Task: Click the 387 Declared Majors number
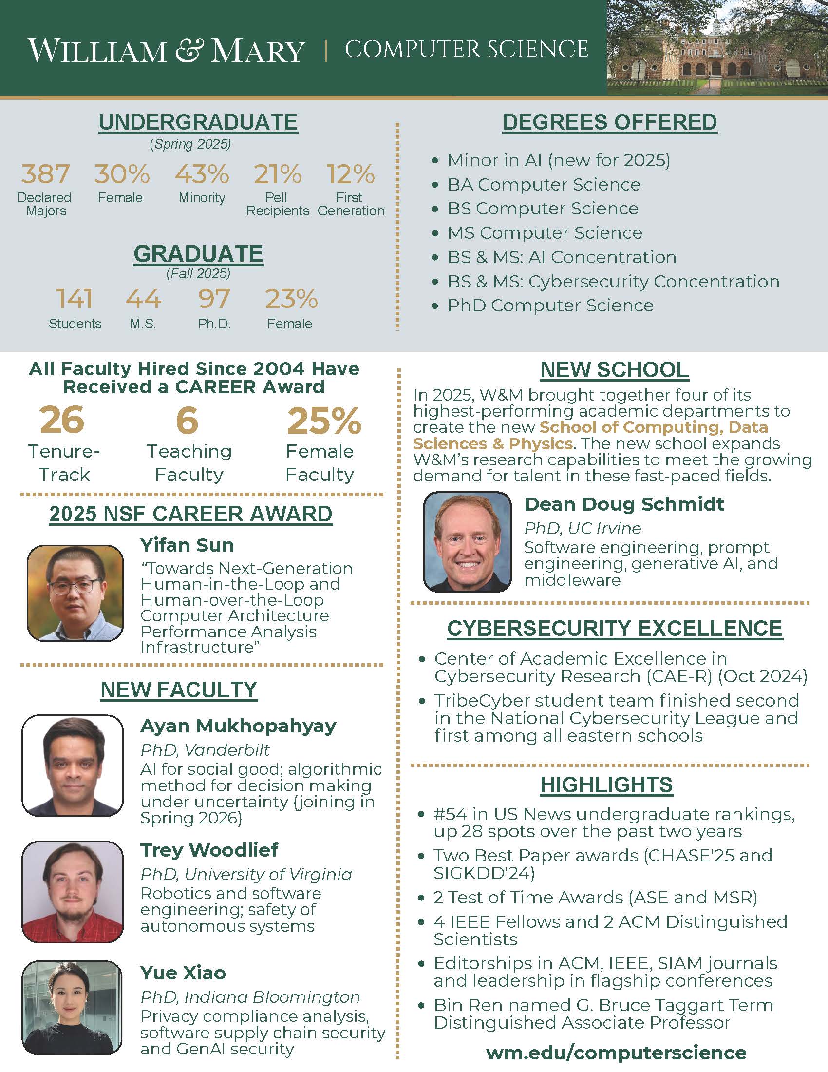click(x=45, y=174)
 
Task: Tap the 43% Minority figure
click(x=202, y=174)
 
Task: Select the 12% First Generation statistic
click(x=350, y=174)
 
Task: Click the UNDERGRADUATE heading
click(x=198, y=122)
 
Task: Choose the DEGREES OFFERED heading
click(x=610, y=122)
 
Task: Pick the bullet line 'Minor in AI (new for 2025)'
click(x=558, y=160)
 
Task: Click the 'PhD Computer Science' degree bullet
click(x=550, y=306)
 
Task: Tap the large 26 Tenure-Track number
click(x=62, y=420)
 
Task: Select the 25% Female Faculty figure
click(x=324, y=421)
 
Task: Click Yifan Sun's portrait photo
click(x=75, y=593)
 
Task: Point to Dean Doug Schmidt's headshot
click(x=468, y=541)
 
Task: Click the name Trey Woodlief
click(x=209, y=850)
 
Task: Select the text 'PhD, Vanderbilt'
click(x=205, y=750)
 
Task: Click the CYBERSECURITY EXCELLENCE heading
click(x=615, y=629)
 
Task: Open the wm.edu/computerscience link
click(x=616, y=1053)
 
